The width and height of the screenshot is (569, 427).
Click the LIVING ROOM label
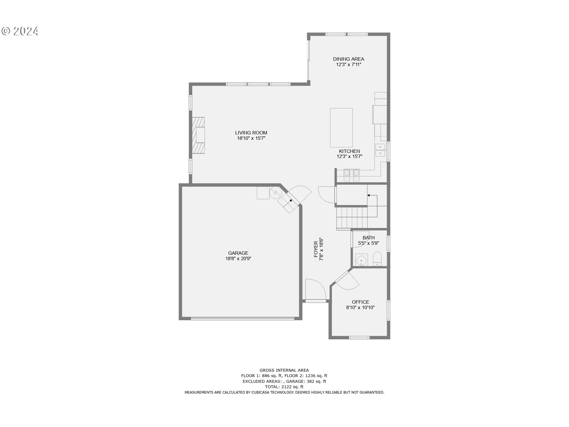coord(251,133)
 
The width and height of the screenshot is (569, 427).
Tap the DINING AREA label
coord(349,59)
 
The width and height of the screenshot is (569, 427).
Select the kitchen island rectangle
coord(341,128)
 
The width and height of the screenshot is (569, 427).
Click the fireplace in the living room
coord(198,135)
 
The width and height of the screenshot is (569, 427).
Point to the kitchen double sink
coord(380,150)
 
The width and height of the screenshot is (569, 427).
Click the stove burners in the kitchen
coord(351,175)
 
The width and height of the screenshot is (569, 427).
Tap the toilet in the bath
coord(377,259)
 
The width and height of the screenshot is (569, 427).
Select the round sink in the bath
coord(361,260)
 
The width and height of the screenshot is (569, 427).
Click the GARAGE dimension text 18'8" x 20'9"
coord(238,259)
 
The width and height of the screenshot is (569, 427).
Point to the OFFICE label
coord(360,302)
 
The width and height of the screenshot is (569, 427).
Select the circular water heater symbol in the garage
coord(275,193)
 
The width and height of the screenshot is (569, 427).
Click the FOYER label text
coord(316,249)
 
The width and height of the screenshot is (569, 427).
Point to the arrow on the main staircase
coord(369,195)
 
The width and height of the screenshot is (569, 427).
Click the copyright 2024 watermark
coord(20,31)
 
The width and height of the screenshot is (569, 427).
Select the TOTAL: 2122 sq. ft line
coord(284,387)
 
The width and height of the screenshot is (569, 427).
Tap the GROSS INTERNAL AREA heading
coord(284,370)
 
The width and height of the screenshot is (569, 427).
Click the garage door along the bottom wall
coord(242,319)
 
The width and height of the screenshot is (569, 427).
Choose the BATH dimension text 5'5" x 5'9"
coord(368,243)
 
